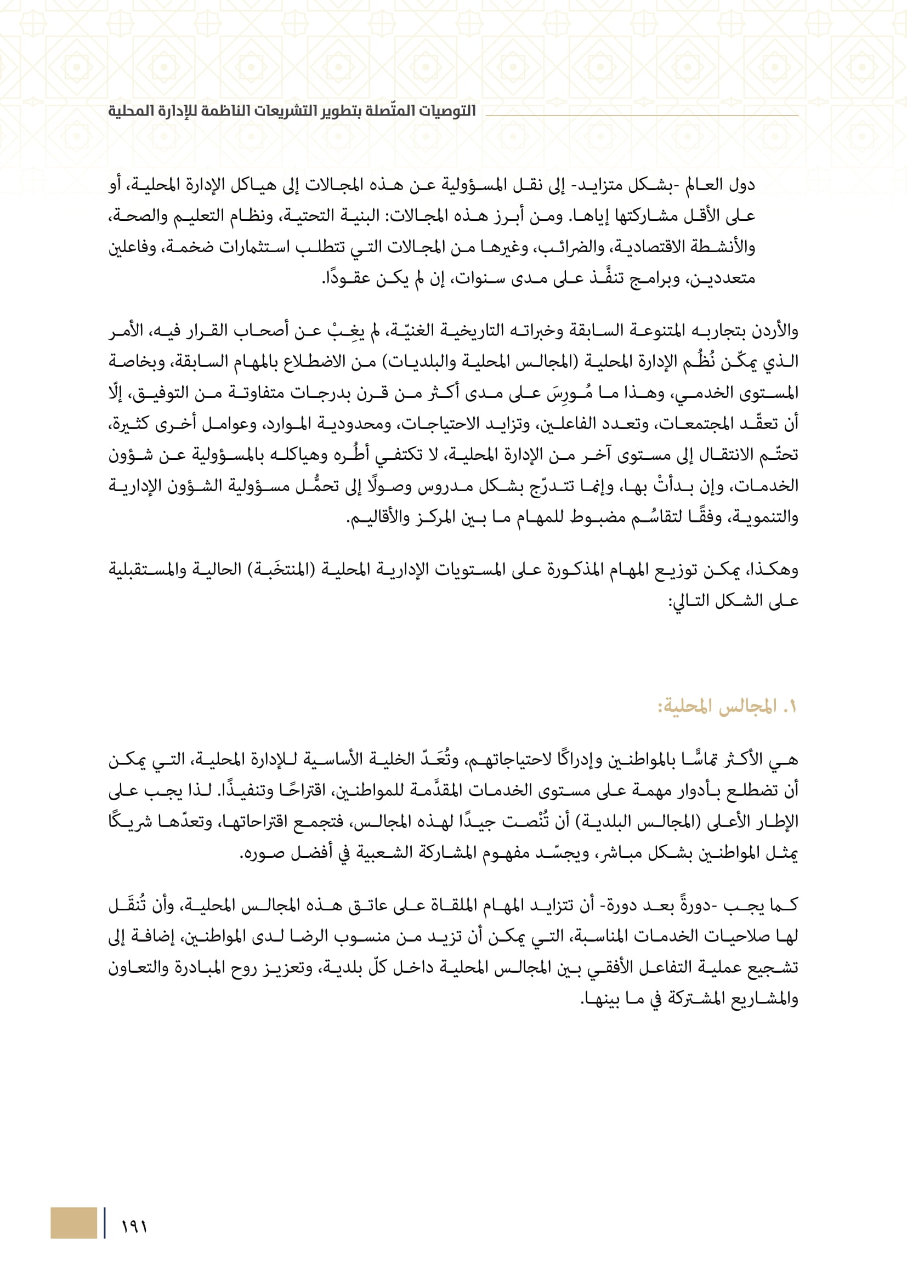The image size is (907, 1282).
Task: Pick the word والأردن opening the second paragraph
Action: pyautogui.click(x=774, y=331)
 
